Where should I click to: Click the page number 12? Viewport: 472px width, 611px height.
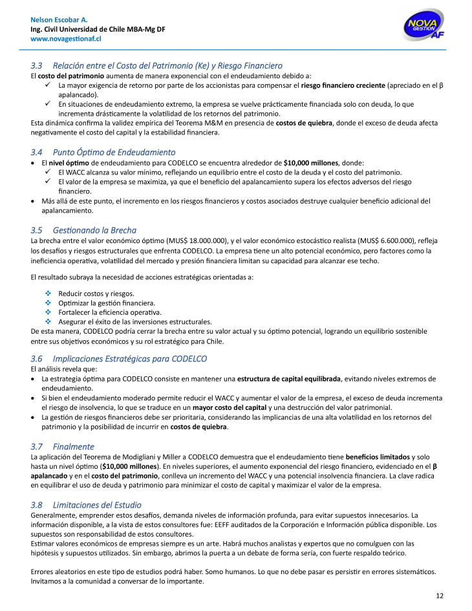[x=440, y=595]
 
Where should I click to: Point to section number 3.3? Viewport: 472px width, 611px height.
[x=37, y=65]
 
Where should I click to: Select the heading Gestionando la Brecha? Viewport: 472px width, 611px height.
[x=94, y=230]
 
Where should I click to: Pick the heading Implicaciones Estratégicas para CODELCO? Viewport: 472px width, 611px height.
[x=129, y=359]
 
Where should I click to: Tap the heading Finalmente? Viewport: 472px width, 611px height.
[x=74, y=446]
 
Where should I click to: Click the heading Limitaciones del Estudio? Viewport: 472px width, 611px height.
[x=97, y=504]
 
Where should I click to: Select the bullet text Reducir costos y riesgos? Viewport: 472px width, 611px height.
[x=96, y=294]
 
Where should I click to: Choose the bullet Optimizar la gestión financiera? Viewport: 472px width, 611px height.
[x=107, y=303]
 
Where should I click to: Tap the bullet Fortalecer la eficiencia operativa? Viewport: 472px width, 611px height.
[x=110, y=312]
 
